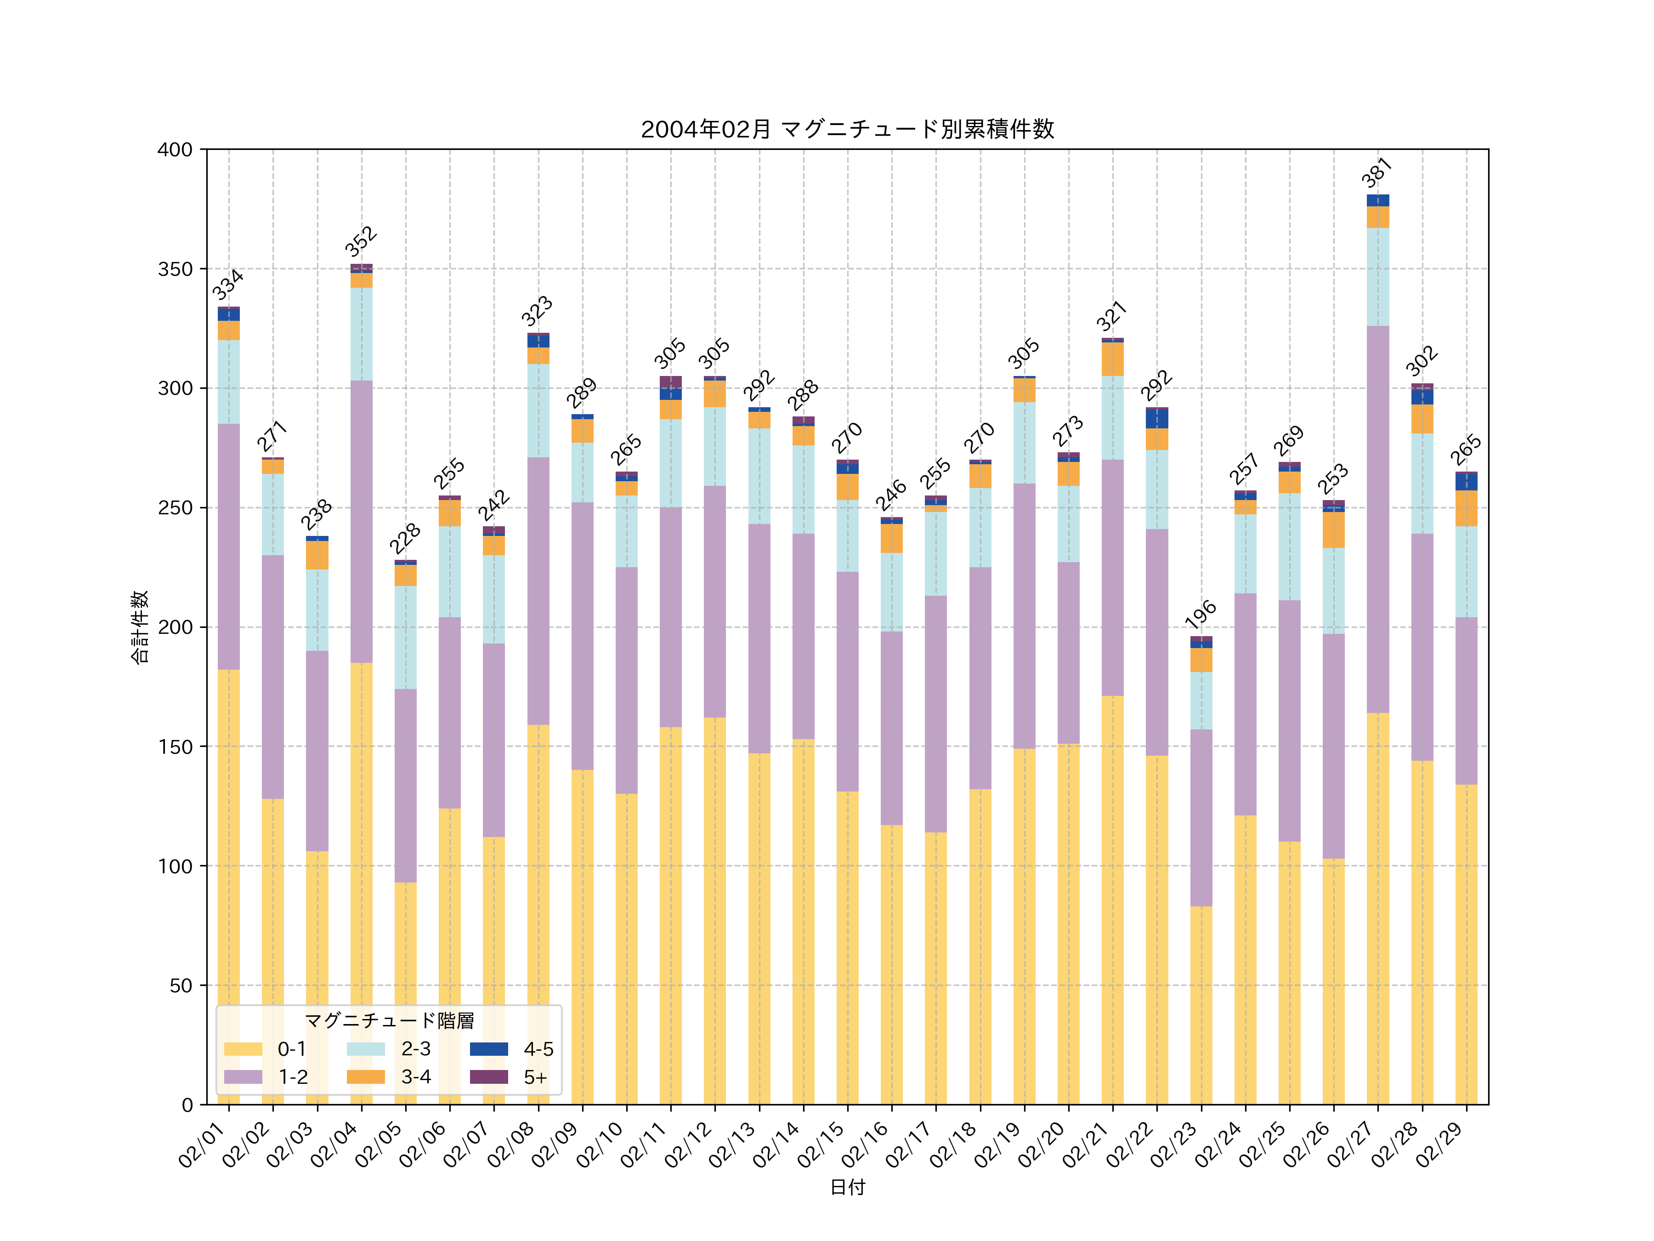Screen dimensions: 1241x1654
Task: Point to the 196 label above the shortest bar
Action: [1201, 615]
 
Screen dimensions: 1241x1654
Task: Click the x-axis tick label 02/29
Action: [1439, 1144]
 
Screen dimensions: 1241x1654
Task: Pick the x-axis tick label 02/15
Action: [820, 1144]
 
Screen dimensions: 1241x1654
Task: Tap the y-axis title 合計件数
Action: [140, 627]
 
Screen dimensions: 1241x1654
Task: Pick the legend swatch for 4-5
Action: [489, 1049]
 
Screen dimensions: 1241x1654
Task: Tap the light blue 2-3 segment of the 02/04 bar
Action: [361, 334]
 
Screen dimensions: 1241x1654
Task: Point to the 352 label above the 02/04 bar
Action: [361, 242]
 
